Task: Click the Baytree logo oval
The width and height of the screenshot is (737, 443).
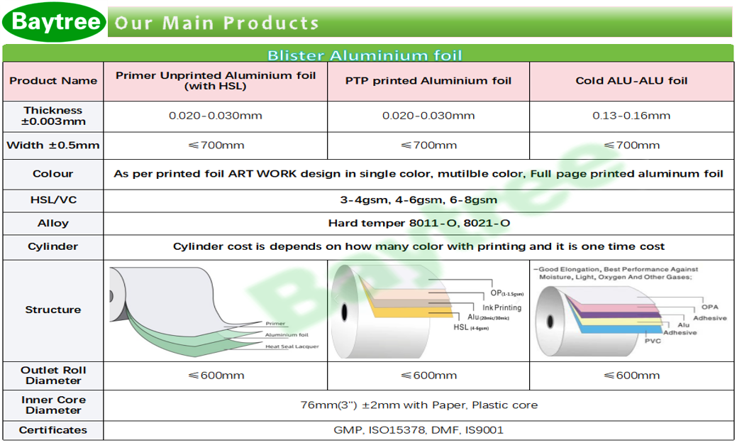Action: click(54, 21)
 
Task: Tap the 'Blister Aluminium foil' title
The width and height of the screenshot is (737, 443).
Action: click(365, 55)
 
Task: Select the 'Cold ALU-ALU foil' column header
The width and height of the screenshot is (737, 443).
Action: click(631, 81)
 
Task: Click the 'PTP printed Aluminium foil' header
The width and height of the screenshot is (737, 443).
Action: click(428, 81)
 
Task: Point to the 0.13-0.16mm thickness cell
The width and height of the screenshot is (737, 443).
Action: click(631, 116)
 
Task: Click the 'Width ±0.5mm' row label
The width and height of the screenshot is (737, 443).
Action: click(53, 146)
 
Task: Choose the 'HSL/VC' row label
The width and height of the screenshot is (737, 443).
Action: click(53, 200)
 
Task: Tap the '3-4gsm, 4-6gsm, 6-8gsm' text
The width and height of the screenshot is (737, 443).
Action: click(419, 200)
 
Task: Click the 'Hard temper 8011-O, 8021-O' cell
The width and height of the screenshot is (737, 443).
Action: click(419, 223)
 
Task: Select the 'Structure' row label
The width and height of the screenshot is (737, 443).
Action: click(53, 310)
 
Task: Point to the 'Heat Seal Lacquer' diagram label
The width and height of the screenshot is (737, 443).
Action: click(292, 346)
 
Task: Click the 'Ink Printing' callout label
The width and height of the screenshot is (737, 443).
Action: click(502, 307)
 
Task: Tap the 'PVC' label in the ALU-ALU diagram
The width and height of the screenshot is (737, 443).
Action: click(653, 341)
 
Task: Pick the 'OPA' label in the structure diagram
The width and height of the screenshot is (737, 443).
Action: click(710, 307)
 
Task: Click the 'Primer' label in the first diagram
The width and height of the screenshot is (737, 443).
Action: click(275, 324)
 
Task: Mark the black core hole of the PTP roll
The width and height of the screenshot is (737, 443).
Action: click(344, 311)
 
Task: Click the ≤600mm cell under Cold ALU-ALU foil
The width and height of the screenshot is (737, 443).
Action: click(631, 376)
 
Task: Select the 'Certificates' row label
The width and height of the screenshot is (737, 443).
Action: click(53, 430)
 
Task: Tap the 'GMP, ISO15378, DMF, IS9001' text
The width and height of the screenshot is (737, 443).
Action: click(419, 430)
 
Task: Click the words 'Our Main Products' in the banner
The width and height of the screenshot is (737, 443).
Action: click(216, 23)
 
